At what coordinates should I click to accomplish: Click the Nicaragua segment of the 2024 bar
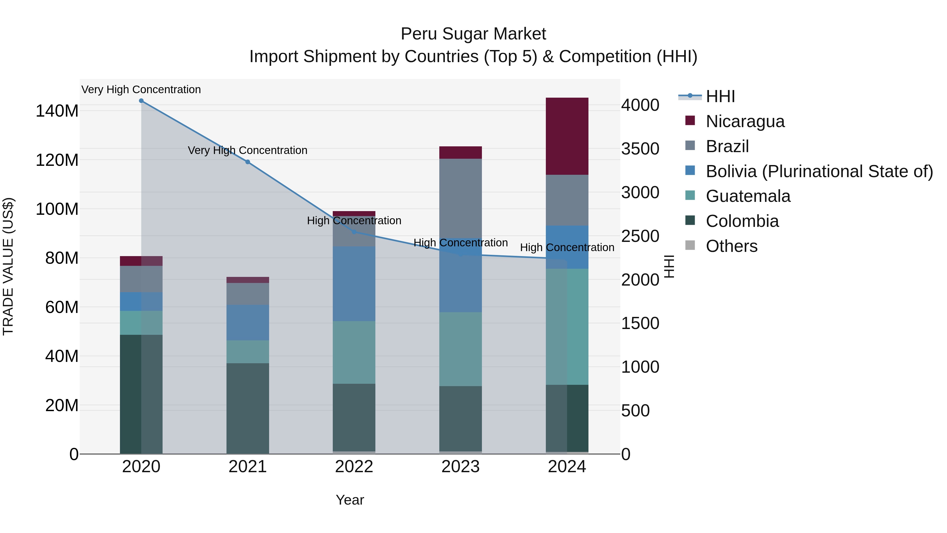[x=567, y=136]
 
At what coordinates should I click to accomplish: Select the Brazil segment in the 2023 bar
[x=460, y=199]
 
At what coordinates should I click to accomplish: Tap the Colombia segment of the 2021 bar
[x=248, y=408]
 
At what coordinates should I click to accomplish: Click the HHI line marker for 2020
[x=141, y=101]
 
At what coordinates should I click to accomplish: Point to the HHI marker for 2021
[x=248, y=162]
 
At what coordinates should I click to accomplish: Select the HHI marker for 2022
[x=354, y=232]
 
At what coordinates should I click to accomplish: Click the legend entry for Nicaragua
[x=745, y=121]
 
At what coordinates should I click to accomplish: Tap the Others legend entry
[x=731, y=246]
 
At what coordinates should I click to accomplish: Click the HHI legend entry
[x=720, y=96]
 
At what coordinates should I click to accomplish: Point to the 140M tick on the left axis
[x=57, y=111]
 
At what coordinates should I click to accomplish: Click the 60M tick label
[x=62, y=307]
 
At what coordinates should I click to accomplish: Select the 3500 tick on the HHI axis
[x=640, y=149]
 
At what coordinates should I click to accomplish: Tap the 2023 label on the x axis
[x=460, y=467]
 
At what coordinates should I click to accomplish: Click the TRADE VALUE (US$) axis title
[x=8, y=266]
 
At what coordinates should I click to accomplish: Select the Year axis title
[x=350, y=500]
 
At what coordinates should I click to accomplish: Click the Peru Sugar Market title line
[x=473, y=34]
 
